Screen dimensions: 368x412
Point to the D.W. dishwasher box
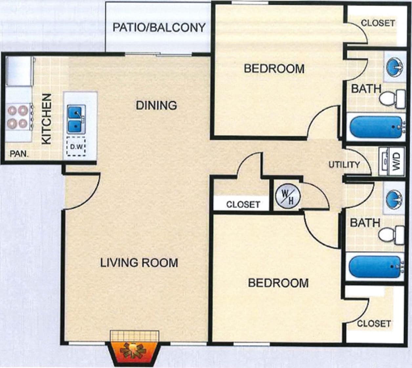point(76,146)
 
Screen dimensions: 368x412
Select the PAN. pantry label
point(19,153)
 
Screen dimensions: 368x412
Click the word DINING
point(156,105)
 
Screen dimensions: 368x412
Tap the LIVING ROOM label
point(139,263)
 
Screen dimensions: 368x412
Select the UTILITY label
point(344,164)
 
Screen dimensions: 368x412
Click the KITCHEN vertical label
point(47,119)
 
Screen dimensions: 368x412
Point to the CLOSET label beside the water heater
point(243,204)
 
